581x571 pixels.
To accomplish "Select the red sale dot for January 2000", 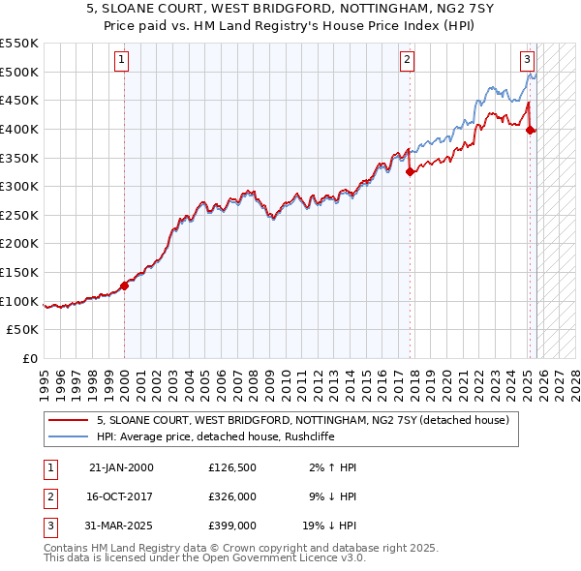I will click(x=124, y=285).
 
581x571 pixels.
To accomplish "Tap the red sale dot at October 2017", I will click(x=410, y=172).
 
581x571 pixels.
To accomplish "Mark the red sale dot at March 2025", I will click(x=531, y=131).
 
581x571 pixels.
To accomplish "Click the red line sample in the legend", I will click(x=69, y=420).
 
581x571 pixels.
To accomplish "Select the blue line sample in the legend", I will click(x=69, y=436).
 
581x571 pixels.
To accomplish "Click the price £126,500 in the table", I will click(x=231, y=466).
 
